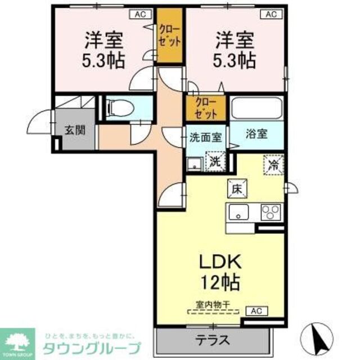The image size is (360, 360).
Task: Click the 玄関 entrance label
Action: pyautogui.click(x=74, y=130)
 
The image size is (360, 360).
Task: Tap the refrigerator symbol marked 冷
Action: pyautogui.click(x=273, y=165)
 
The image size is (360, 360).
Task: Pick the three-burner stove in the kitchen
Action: pyautogui.click(x=270, y=213)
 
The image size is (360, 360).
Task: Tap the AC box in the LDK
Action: pyautogui.click(x=255, y=310)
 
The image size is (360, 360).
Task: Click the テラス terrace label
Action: pyautogui.click(x=212, y=339)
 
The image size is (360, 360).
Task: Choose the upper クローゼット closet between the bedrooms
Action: pyautogui.click(x=169, y=37)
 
